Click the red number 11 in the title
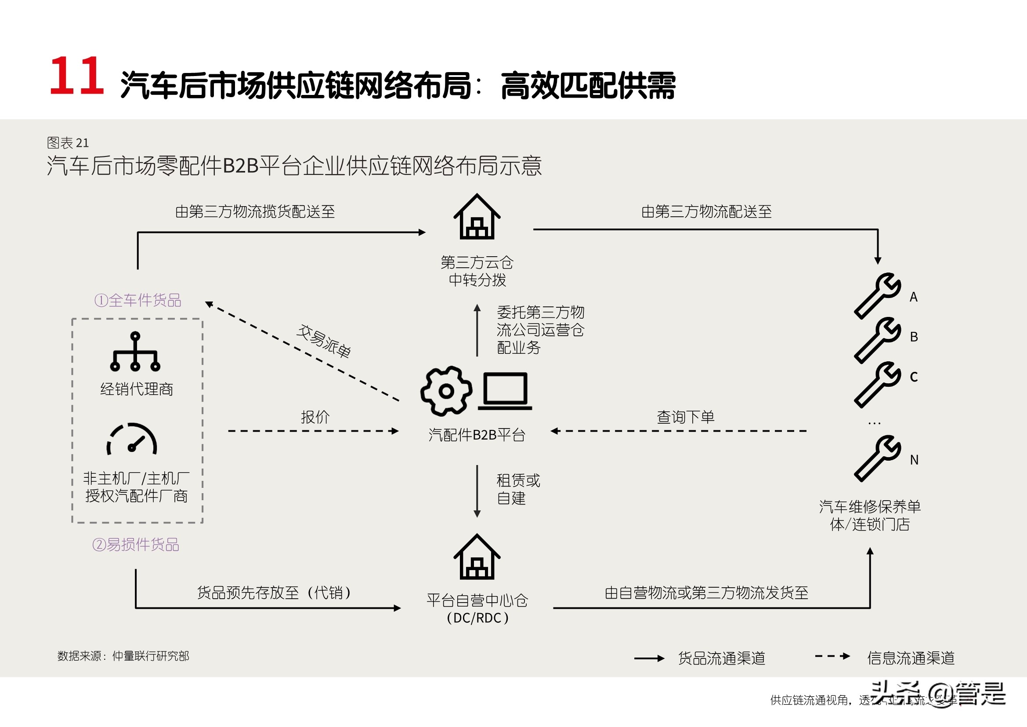pyautogui.click(x=77, y=76)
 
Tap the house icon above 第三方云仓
pyautogui.click(x=477, y=218)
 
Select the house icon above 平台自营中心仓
pyautogui.click(x=477, y=557)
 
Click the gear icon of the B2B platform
pyautogui.click(x=446, y=391)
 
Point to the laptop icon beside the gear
pyautogui.click(x=505, y=391)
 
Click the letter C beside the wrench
pyautogui.click(x=914, y=377)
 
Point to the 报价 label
pyautogui.click(x=315, y=417)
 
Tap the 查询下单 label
pyautogui.click(x=685, y=417)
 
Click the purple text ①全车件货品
pyautogui.click(x=138, y=300)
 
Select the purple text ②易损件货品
pyautogui.click(x=136, y=544)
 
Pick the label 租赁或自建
pyautogui.click(x=518, y=489)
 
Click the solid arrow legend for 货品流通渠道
pyautogui.click(x=650, y=658)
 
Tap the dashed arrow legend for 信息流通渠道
pyautogui.click(x=832, y=656)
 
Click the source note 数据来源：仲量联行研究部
pyautogui.click(x=123, y=656)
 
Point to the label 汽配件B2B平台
pyautogui.click(x=477, y=435)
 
